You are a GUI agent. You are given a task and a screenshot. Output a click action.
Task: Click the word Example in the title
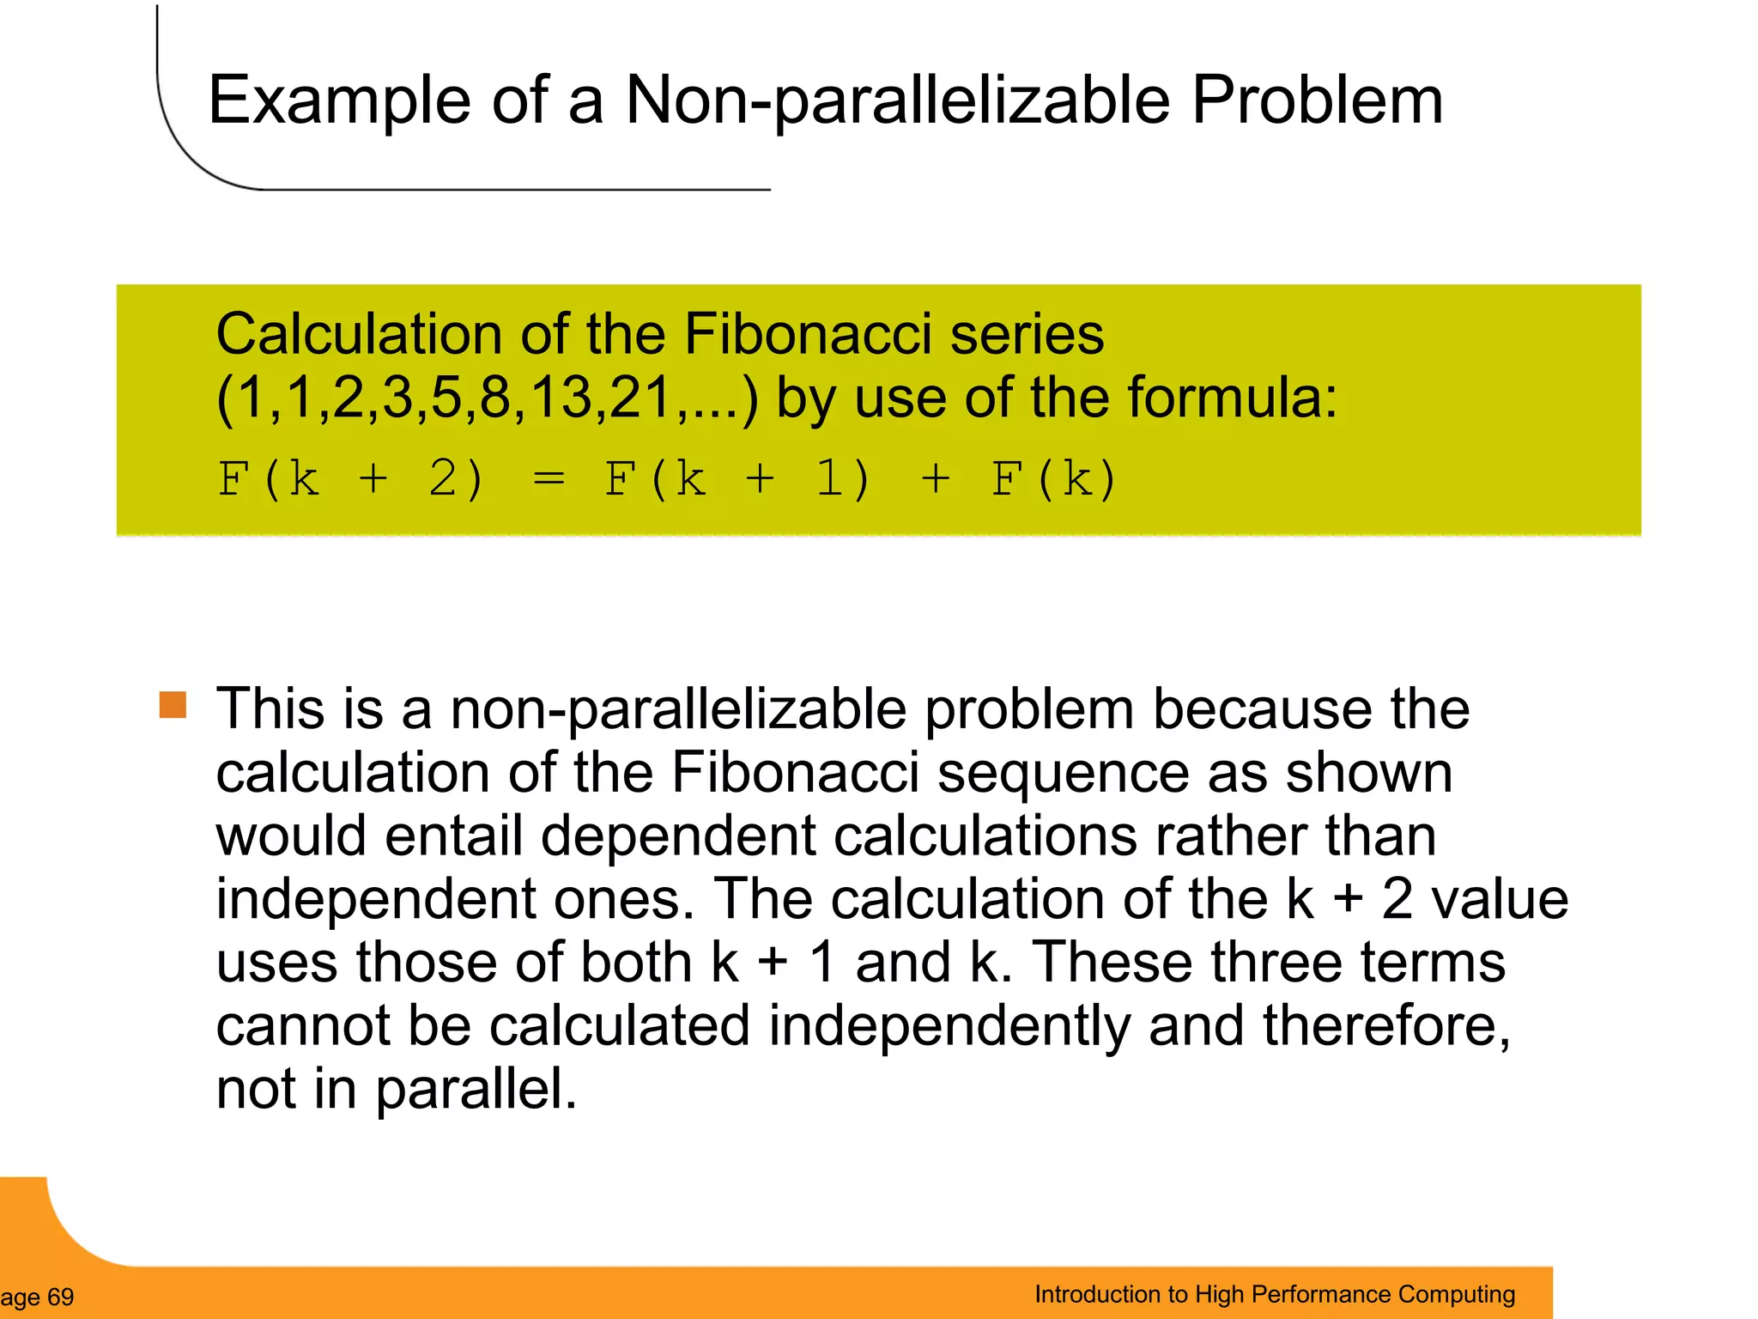pyautogui.click(x=339, y=101)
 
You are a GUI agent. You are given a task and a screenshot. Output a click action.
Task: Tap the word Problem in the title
pyautogui.click(x=1317, y=101)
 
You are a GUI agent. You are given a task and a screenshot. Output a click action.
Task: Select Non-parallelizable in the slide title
pyautogui.click(x=897, y=101)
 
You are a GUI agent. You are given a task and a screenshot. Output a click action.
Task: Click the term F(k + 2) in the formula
pyautogui.click(x=350, y=478)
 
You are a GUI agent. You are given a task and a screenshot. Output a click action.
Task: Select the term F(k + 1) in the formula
pyautogui.click(x=737, y=478)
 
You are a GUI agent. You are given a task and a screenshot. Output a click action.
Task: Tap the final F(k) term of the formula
pyautogui.click(x=1054, y=478)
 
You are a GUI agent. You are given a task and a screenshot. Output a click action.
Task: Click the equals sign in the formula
pyautogui.click(x=549, y=478)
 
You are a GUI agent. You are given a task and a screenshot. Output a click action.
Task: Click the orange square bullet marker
pyautogui.click(x=173, y=705)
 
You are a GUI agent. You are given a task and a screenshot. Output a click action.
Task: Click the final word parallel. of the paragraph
pyautogui.click(x=476, y=1089)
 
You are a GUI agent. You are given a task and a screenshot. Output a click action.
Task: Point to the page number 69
pyautogui.click(x=60, y=1297)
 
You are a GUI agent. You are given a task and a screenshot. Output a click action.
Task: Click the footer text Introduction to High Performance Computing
pyautogui.click(x=1275, y=1294)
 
